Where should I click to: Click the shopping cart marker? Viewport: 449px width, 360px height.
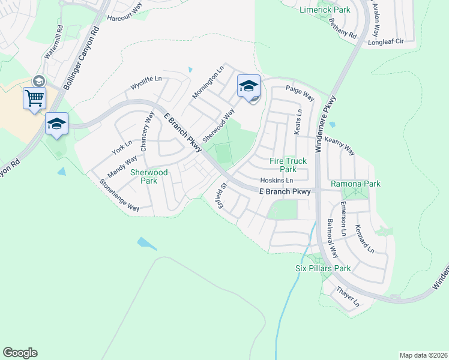34,97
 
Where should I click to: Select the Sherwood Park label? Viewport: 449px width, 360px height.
149,176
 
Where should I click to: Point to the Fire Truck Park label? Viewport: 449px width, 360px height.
288,165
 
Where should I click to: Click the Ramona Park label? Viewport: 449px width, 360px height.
356,184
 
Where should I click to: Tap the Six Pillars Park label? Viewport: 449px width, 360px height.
323,268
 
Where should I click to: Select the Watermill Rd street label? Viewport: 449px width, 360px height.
53,41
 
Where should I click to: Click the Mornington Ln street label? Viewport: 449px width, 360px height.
208,82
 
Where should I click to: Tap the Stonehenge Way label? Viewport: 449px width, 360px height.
119,196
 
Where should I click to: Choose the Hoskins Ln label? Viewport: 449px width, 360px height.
277,181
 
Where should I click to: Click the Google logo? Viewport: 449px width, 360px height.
20,353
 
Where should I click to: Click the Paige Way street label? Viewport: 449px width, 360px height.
300,94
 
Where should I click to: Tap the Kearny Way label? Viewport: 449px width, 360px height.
340,145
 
